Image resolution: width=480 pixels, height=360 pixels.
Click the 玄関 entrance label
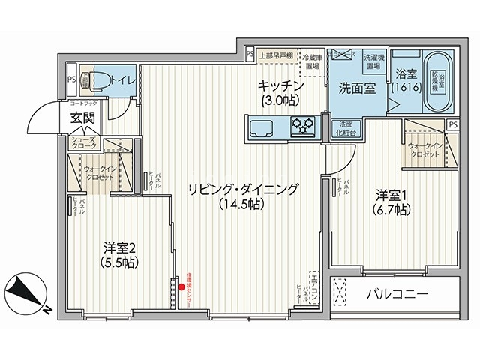[x=82, y=118]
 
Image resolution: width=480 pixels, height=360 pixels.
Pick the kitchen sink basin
[x=260, y=126]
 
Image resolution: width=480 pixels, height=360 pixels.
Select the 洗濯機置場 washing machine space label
[x=374, y=61]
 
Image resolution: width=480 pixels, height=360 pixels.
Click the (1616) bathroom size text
[x=405, y=87]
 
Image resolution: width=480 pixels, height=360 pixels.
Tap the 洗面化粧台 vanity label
[x=346, y=129]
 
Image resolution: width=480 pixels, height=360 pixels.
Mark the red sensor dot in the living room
[x=181, y=286]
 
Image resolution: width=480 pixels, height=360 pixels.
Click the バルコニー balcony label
[x=398, y=292]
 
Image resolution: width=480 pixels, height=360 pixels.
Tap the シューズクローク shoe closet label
[x=83, y=144]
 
